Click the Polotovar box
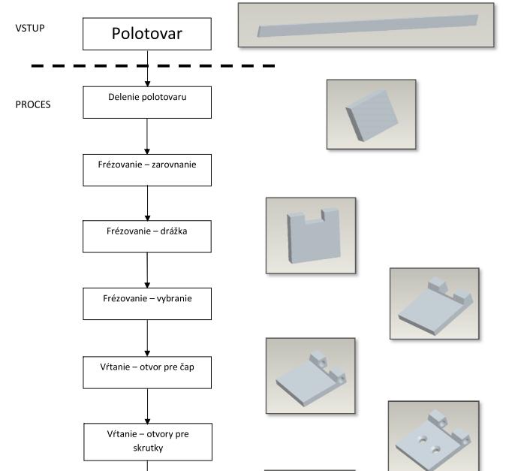click(147, 34)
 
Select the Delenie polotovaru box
click(147, 102)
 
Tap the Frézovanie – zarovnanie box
click(147, 170)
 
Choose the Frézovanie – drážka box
click(147, 236)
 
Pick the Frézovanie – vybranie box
click(147, 303)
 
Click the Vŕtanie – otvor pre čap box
click(147, 370)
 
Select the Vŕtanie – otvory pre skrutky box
click(147, 441)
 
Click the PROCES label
click(33, 104)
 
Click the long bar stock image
click(366, 25)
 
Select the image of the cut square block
click(371, 114)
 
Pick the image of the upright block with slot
click(311, 235)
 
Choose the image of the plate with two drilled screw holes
click(433, 436)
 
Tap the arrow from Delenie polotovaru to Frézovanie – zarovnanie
click(147, 136)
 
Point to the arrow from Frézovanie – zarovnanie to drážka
click(147, 203)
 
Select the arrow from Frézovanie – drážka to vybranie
click(147, 270)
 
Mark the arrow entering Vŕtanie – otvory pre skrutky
click(147, 406)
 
